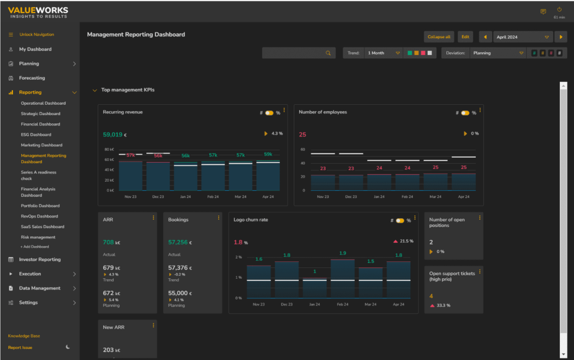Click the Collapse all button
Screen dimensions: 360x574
(439, 37)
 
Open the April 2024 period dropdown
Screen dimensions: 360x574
(522, 37)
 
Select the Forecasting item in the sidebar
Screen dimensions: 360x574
(32, 78)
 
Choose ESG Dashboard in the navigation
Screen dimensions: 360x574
(36, 135)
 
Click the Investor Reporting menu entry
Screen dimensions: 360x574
(39, 260)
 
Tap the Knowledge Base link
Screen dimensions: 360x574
(24, 336)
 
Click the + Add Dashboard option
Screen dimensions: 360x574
(35, 247)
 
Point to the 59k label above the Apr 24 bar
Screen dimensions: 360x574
(268, 154)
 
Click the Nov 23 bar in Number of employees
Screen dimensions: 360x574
(323, 182)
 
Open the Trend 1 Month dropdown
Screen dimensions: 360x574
(383, 53)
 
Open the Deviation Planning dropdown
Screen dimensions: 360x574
(498, 53)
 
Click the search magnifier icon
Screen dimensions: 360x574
(328, 53)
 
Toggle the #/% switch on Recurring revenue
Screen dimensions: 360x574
(269, 113)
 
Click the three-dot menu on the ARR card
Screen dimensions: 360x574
(154, 218)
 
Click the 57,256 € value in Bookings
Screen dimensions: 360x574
(180, 242)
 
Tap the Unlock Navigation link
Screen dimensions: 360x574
(36, 35)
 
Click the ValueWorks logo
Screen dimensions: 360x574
(38, 11)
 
